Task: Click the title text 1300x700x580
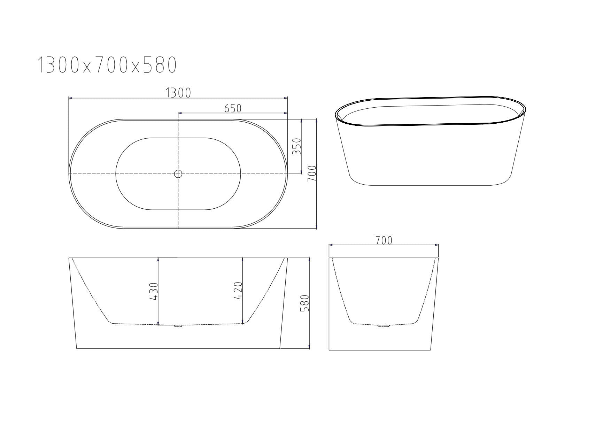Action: click(x=107, y=65)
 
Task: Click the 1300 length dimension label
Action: click(x=178, y=93)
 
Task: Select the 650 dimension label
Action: click(x=233, y=108)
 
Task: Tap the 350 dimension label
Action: click(x=296, y=147)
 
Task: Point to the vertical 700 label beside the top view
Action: click(x=312, y=173)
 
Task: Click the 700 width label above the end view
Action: click(x=384, y=240)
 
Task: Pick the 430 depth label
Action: click(x=153, y=291)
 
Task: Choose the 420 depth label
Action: click(x=238, y=291)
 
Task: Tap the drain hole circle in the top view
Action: click(x=178, y=173)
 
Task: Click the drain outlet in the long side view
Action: click(x=178, y=326)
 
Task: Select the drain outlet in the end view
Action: click(x=384, y=326)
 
